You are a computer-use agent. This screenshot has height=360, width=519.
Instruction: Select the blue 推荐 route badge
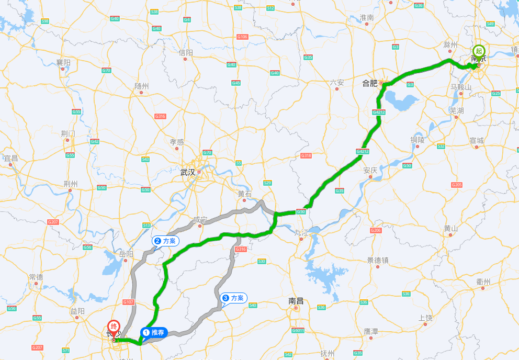pos(154,332)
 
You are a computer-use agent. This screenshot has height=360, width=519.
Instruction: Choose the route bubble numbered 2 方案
pos(166,241)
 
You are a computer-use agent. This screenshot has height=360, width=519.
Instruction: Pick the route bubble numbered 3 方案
pos(234,298)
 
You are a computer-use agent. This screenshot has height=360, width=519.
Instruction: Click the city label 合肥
pos(370,83)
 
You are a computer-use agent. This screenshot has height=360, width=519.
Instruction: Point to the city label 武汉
pos(187,172)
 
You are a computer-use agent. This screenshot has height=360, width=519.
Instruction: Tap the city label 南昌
pos(296,301)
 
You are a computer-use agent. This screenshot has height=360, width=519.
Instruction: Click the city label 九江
pos(301,232)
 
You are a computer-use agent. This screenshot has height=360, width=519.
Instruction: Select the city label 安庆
pos(370,171)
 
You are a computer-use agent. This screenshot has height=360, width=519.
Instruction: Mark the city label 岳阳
pos(126,254)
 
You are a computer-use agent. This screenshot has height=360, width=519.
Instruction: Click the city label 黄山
pos(451,228)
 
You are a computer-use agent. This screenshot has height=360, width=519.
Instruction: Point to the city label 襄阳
pos(63,63)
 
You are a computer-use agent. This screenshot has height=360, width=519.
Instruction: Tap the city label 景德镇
pos(378,260)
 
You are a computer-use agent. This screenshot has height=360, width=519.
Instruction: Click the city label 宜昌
pos(11,158)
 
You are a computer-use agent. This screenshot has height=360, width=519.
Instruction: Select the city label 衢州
pos(483,282)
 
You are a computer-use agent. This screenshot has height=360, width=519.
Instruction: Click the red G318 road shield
pos(306,155)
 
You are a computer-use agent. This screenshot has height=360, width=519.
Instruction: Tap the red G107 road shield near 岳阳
pos(128,302)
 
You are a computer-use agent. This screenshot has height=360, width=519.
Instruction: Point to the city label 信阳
pos(186,52)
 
